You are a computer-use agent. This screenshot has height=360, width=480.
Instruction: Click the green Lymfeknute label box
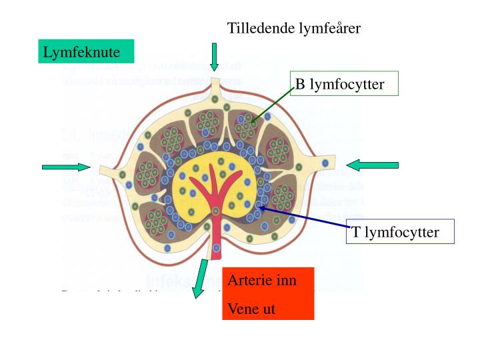pyautogui.click(x=85, y=51)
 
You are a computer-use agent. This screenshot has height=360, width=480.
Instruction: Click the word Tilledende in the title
pyautogui.click(x=255, y=28)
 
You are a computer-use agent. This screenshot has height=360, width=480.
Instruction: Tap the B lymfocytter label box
pyautogui.click(x=345, y=83)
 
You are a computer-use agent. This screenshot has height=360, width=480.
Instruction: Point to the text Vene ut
pyautogui.click(x=251, y=309)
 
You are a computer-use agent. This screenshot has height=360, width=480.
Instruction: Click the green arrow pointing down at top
pyautogui.click(x=214, y=57)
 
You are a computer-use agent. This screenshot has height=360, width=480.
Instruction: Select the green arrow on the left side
pyautogui.click(x=65, y=166)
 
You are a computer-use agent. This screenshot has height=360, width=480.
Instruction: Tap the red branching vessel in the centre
pyautogui.click(x=214, y=187)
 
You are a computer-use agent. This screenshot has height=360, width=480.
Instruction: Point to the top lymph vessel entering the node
pyautogui.click(x=214, y=87)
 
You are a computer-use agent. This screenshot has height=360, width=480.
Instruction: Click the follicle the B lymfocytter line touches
pyautogui.click(x=247, y=125)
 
